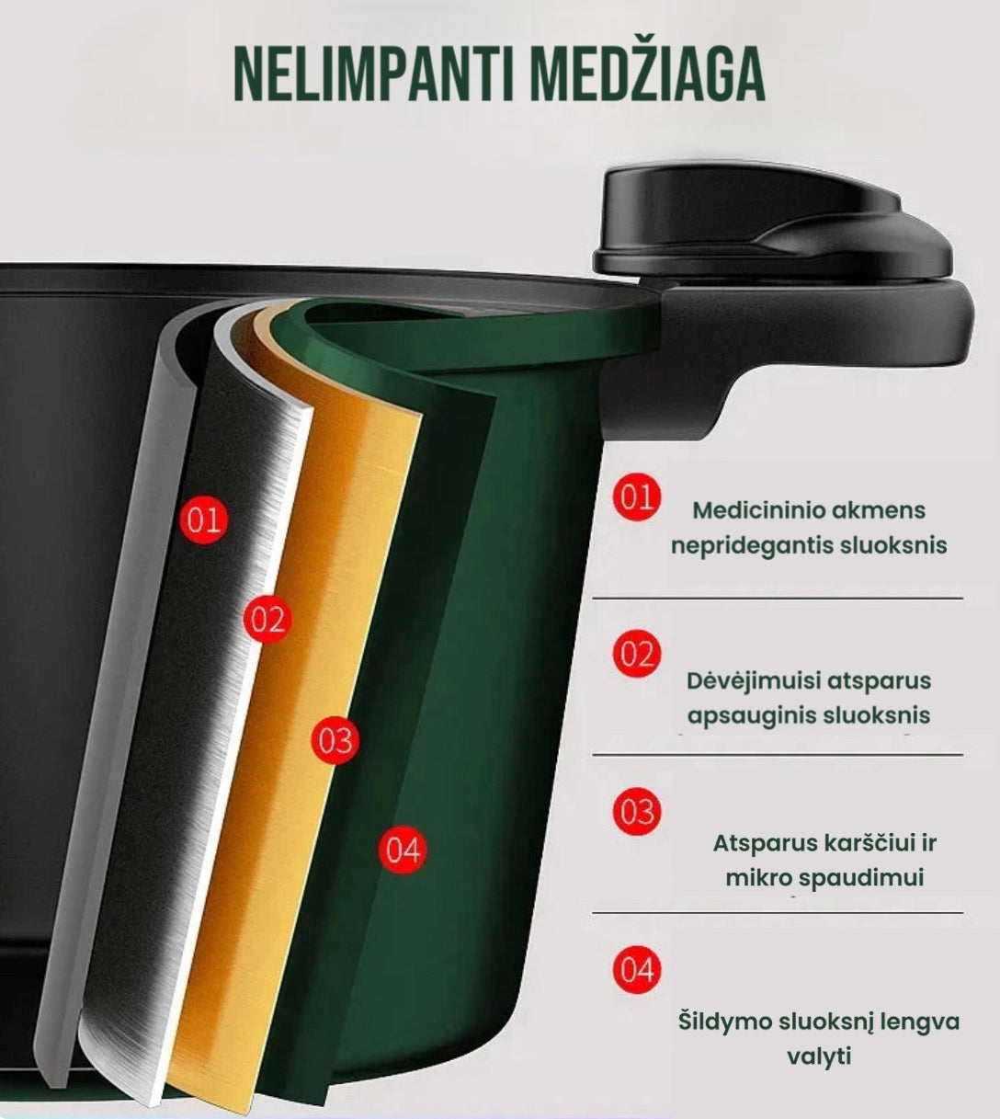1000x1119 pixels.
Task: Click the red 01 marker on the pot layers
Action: pos(204,520)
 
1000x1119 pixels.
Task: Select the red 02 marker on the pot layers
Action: pos(267,620)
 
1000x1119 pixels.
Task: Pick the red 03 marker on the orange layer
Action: pos(335,740)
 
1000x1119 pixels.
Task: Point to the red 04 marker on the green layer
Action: pos(403,849)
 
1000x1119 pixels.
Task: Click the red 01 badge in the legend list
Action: pos(636,497)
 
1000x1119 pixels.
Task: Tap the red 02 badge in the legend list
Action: pos(636,655)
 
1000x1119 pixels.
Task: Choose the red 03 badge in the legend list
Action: pos(636,813)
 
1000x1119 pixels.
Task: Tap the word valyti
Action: pos(819,1056)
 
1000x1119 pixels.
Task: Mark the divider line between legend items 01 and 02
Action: pos(778,599)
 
